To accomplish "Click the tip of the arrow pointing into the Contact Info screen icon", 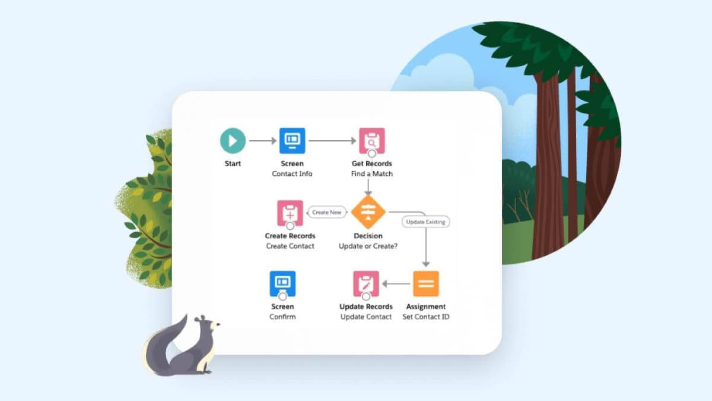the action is tap(276, 141).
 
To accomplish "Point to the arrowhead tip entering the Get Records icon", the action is tap(356, 141).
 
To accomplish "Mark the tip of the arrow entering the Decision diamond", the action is tap(368, 195).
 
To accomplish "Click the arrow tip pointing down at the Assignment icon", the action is tap(426, 267).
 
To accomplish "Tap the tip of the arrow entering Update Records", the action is tap(382, 283).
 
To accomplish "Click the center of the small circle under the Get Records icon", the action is tap(372, 154).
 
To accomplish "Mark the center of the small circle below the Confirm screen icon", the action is tap(282, 296).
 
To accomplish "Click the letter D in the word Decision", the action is tap(357, 236).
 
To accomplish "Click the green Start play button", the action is tap(233, 141).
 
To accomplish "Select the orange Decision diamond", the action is tap(368, 212).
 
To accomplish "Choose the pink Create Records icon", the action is tap(290, 213).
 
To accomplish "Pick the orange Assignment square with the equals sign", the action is tap(426, 283).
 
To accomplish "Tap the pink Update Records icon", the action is tap(366, 283).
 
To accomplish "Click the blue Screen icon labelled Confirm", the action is tap(282, 283).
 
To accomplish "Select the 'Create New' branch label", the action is tap(327, 212).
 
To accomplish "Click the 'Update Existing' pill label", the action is tap(425, 222).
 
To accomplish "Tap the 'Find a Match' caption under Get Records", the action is tap(372, 173).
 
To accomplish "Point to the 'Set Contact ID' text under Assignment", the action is tap(426, 317).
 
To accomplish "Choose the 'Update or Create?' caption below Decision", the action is tap(368, 246).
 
